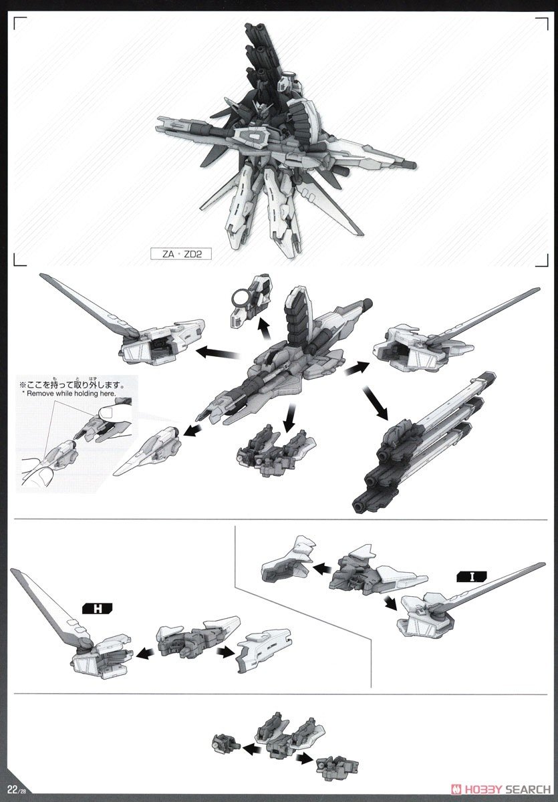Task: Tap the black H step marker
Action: (x=98, y=608)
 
